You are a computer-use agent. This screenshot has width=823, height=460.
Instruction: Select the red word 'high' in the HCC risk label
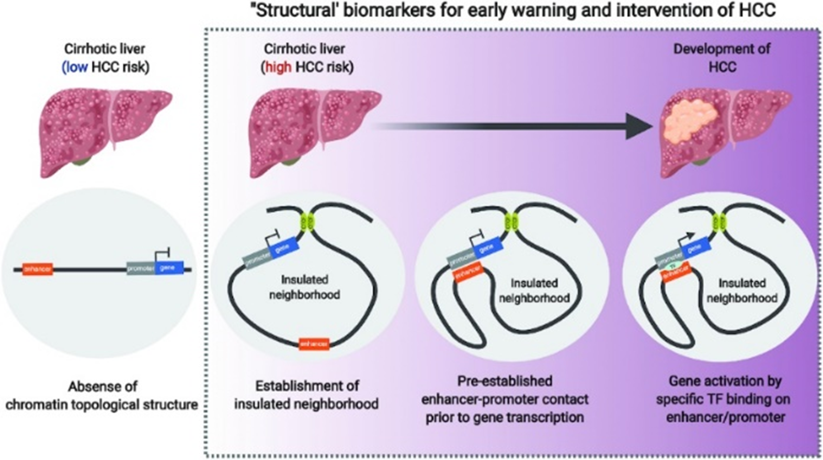pyautogui.click(x=278, y=67)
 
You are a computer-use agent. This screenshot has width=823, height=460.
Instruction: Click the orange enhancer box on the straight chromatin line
pyautogui.click(x=37, y=269)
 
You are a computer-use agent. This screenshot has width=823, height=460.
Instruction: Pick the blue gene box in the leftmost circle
pyautogui.click(x=169, y=268)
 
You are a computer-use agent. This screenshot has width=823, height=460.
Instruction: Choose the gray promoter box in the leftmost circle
pyautogui.click(x=141, y=269)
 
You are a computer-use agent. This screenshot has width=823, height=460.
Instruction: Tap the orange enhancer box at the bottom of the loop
pyautogui.click(x=314, y=344)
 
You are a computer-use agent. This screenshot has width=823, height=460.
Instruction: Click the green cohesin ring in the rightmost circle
pyautogui.click(x=719, y=223)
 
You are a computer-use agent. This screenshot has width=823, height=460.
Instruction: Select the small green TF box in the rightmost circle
pyautogui.click(x=673, y=264)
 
